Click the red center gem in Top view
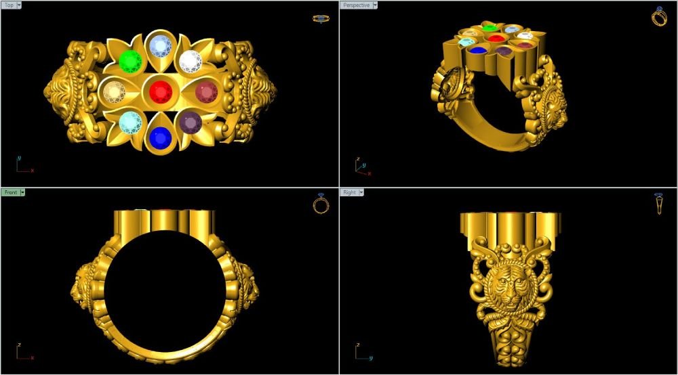click(161, 91)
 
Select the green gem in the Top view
click(131, 62)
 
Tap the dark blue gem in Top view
click(161, 138)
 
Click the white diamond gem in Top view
click(191, 62)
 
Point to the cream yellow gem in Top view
click(114, 91)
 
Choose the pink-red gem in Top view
click(207, 92)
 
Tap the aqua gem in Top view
click(131, 122)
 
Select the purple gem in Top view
click(191, 122)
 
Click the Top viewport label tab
click(9, 5)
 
